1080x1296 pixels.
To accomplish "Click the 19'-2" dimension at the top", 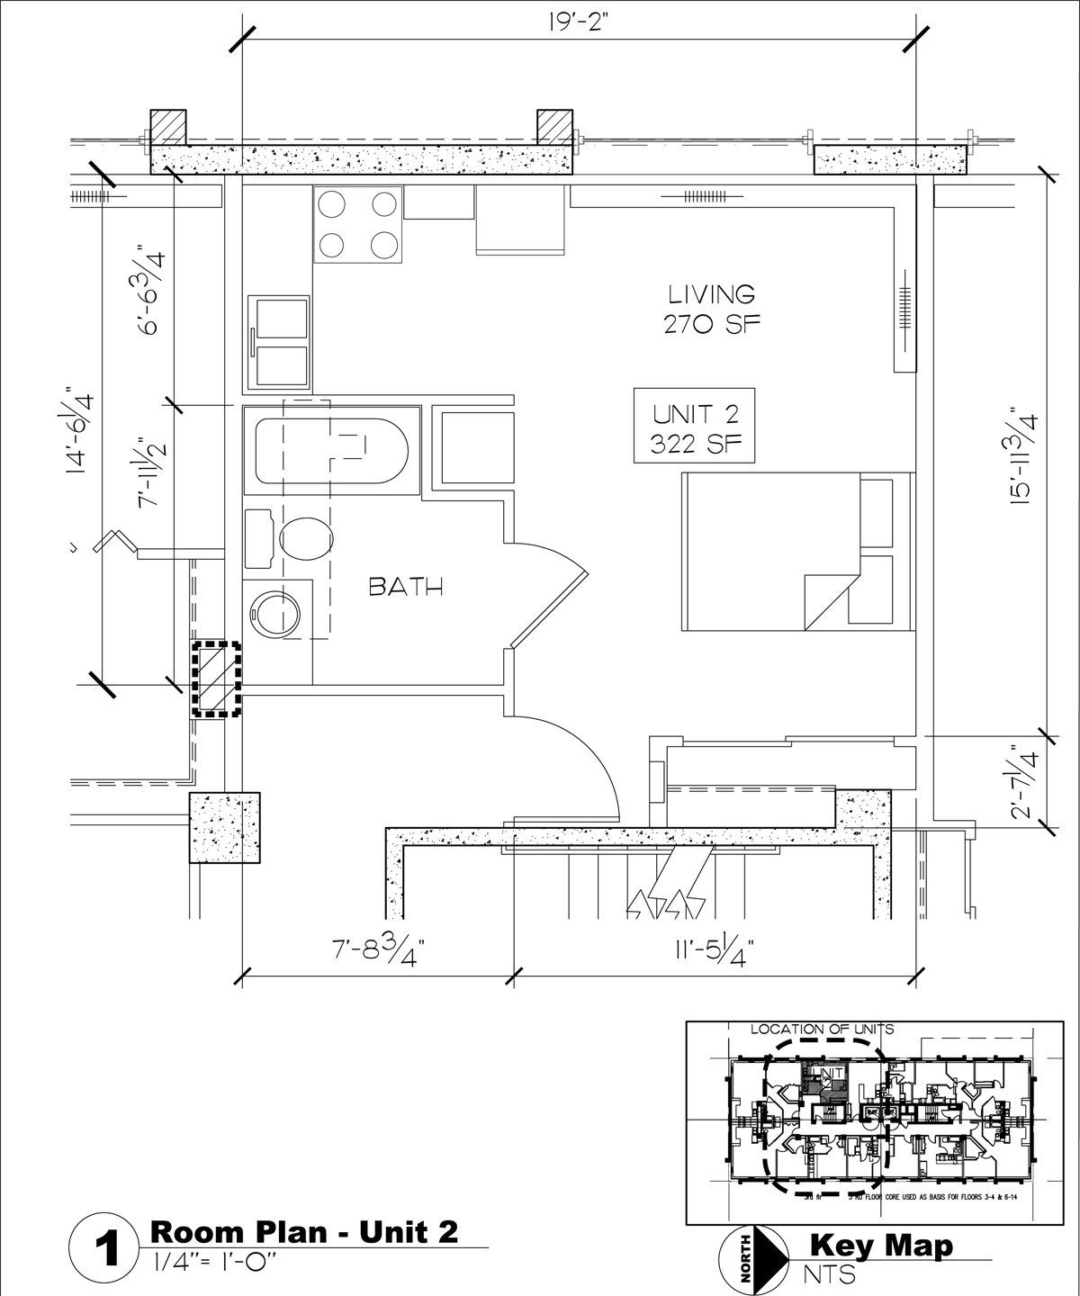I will [x=575, y=21].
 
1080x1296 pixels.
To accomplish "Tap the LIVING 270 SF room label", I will [x=710, y=308].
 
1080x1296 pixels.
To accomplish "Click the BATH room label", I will [x=407, y=588].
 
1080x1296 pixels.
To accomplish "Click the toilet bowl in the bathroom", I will [x=304, y=539].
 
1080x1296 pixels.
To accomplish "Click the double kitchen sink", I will [x=280, y=341].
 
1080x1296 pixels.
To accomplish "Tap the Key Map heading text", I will [x=881, y=1246].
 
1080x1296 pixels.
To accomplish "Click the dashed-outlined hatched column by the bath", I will [x=216, y=679].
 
